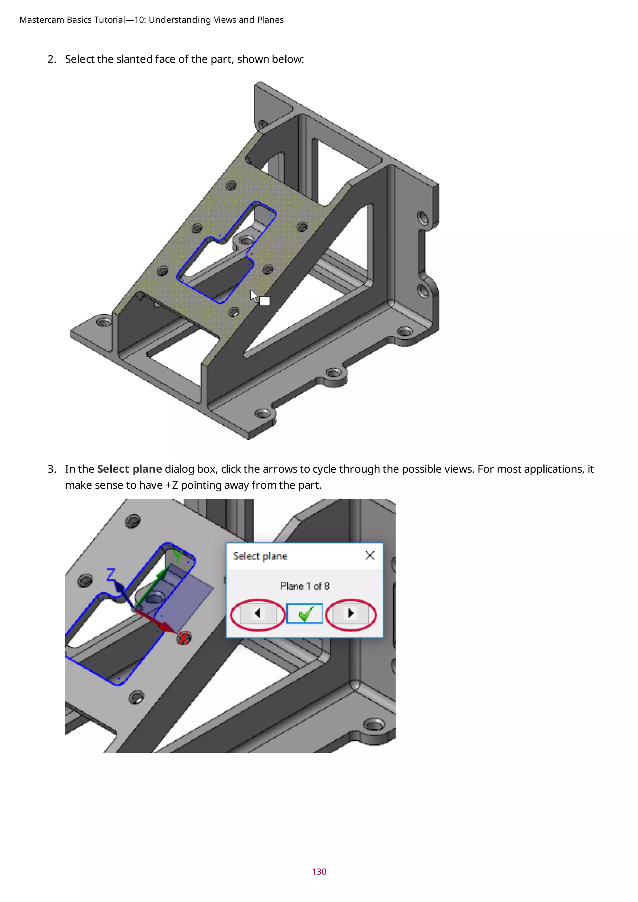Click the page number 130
(x=319, y=871)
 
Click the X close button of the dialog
(x=370, y=556)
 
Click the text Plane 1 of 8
(x=304, y=586)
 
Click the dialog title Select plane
(x=260, y=556)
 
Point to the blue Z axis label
(x=111, y=575)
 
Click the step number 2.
(x=51, y=59)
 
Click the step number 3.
(x=51, y=469)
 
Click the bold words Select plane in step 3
(x=129, y=469)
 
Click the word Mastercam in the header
(x=42, y=20)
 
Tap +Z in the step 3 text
(x=172, y=485)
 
